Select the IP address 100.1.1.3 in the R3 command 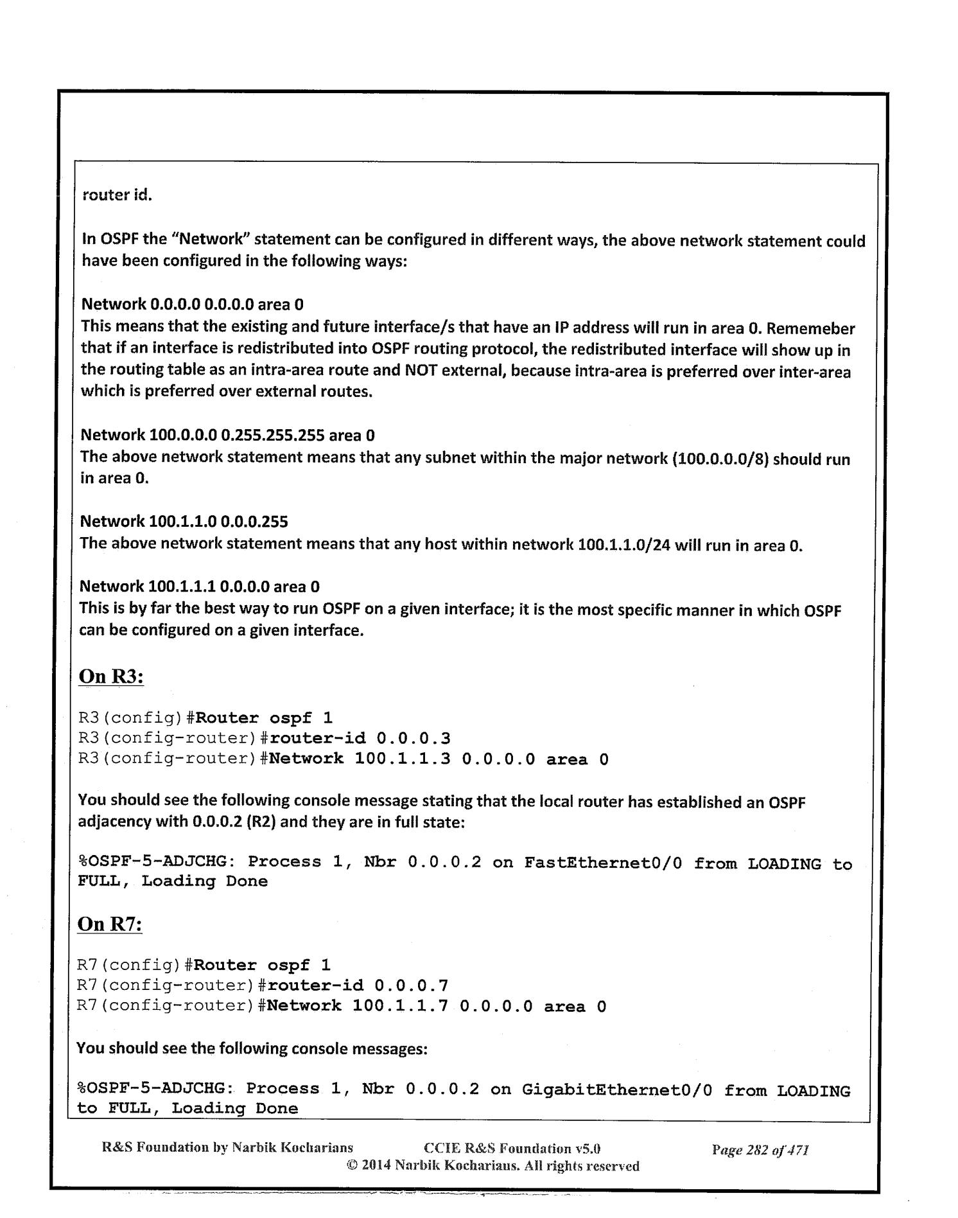tap(402, 759)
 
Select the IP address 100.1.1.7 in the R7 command tap(400, 1006)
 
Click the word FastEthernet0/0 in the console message tap(602, 863)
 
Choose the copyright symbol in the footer tap(351, 1165)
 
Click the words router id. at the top tap(117, 195)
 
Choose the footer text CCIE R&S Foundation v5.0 tap(512, 1149)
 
